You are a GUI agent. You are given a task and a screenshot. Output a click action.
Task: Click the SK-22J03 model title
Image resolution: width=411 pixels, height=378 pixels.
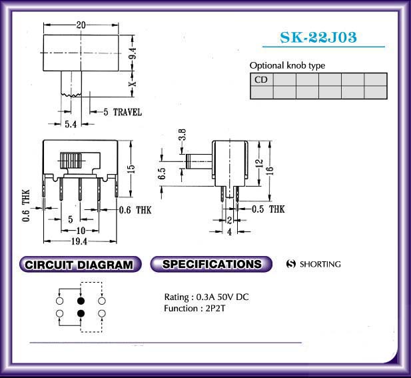click(x=318, y=37)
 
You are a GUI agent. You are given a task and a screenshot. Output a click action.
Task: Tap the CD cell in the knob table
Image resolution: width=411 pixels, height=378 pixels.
click(x=262, y=79)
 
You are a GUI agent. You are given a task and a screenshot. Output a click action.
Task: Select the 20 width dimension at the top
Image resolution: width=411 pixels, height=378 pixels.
click(x=81, y=25)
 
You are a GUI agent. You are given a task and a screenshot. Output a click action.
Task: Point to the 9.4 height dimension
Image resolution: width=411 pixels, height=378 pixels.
click(x=133, y=53)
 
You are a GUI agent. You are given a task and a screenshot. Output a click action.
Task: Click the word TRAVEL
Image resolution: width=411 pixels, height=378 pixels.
click(x=127, y=112)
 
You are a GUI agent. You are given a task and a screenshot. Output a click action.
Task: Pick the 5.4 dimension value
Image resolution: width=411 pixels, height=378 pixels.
click(x=71, y=124)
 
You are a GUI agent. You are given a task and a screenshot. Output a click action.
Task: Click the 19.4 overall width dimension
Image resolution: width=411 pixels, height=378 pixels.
click(x=79, y=241)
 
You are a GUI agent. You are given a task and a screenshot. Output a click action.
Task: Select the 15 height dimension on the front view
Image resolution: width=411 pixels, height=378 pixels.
click(x=132, y=169)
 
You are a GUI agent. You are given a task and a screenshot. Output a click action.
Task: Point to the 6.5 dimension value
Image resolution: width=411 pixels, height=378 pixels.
click(x=163, y=173)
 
